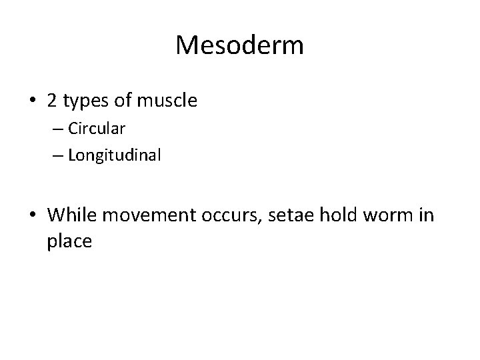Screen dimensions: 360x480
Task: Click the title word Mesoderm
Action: (x=240, y=45)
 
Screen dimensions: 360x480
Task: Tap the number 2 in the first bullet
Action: (x=53, y=101)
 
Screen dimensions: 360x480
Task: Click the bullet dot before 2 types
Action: (x=33, y=101)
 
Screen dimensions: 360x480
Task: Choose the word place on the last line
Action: (x=69, y=242)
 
